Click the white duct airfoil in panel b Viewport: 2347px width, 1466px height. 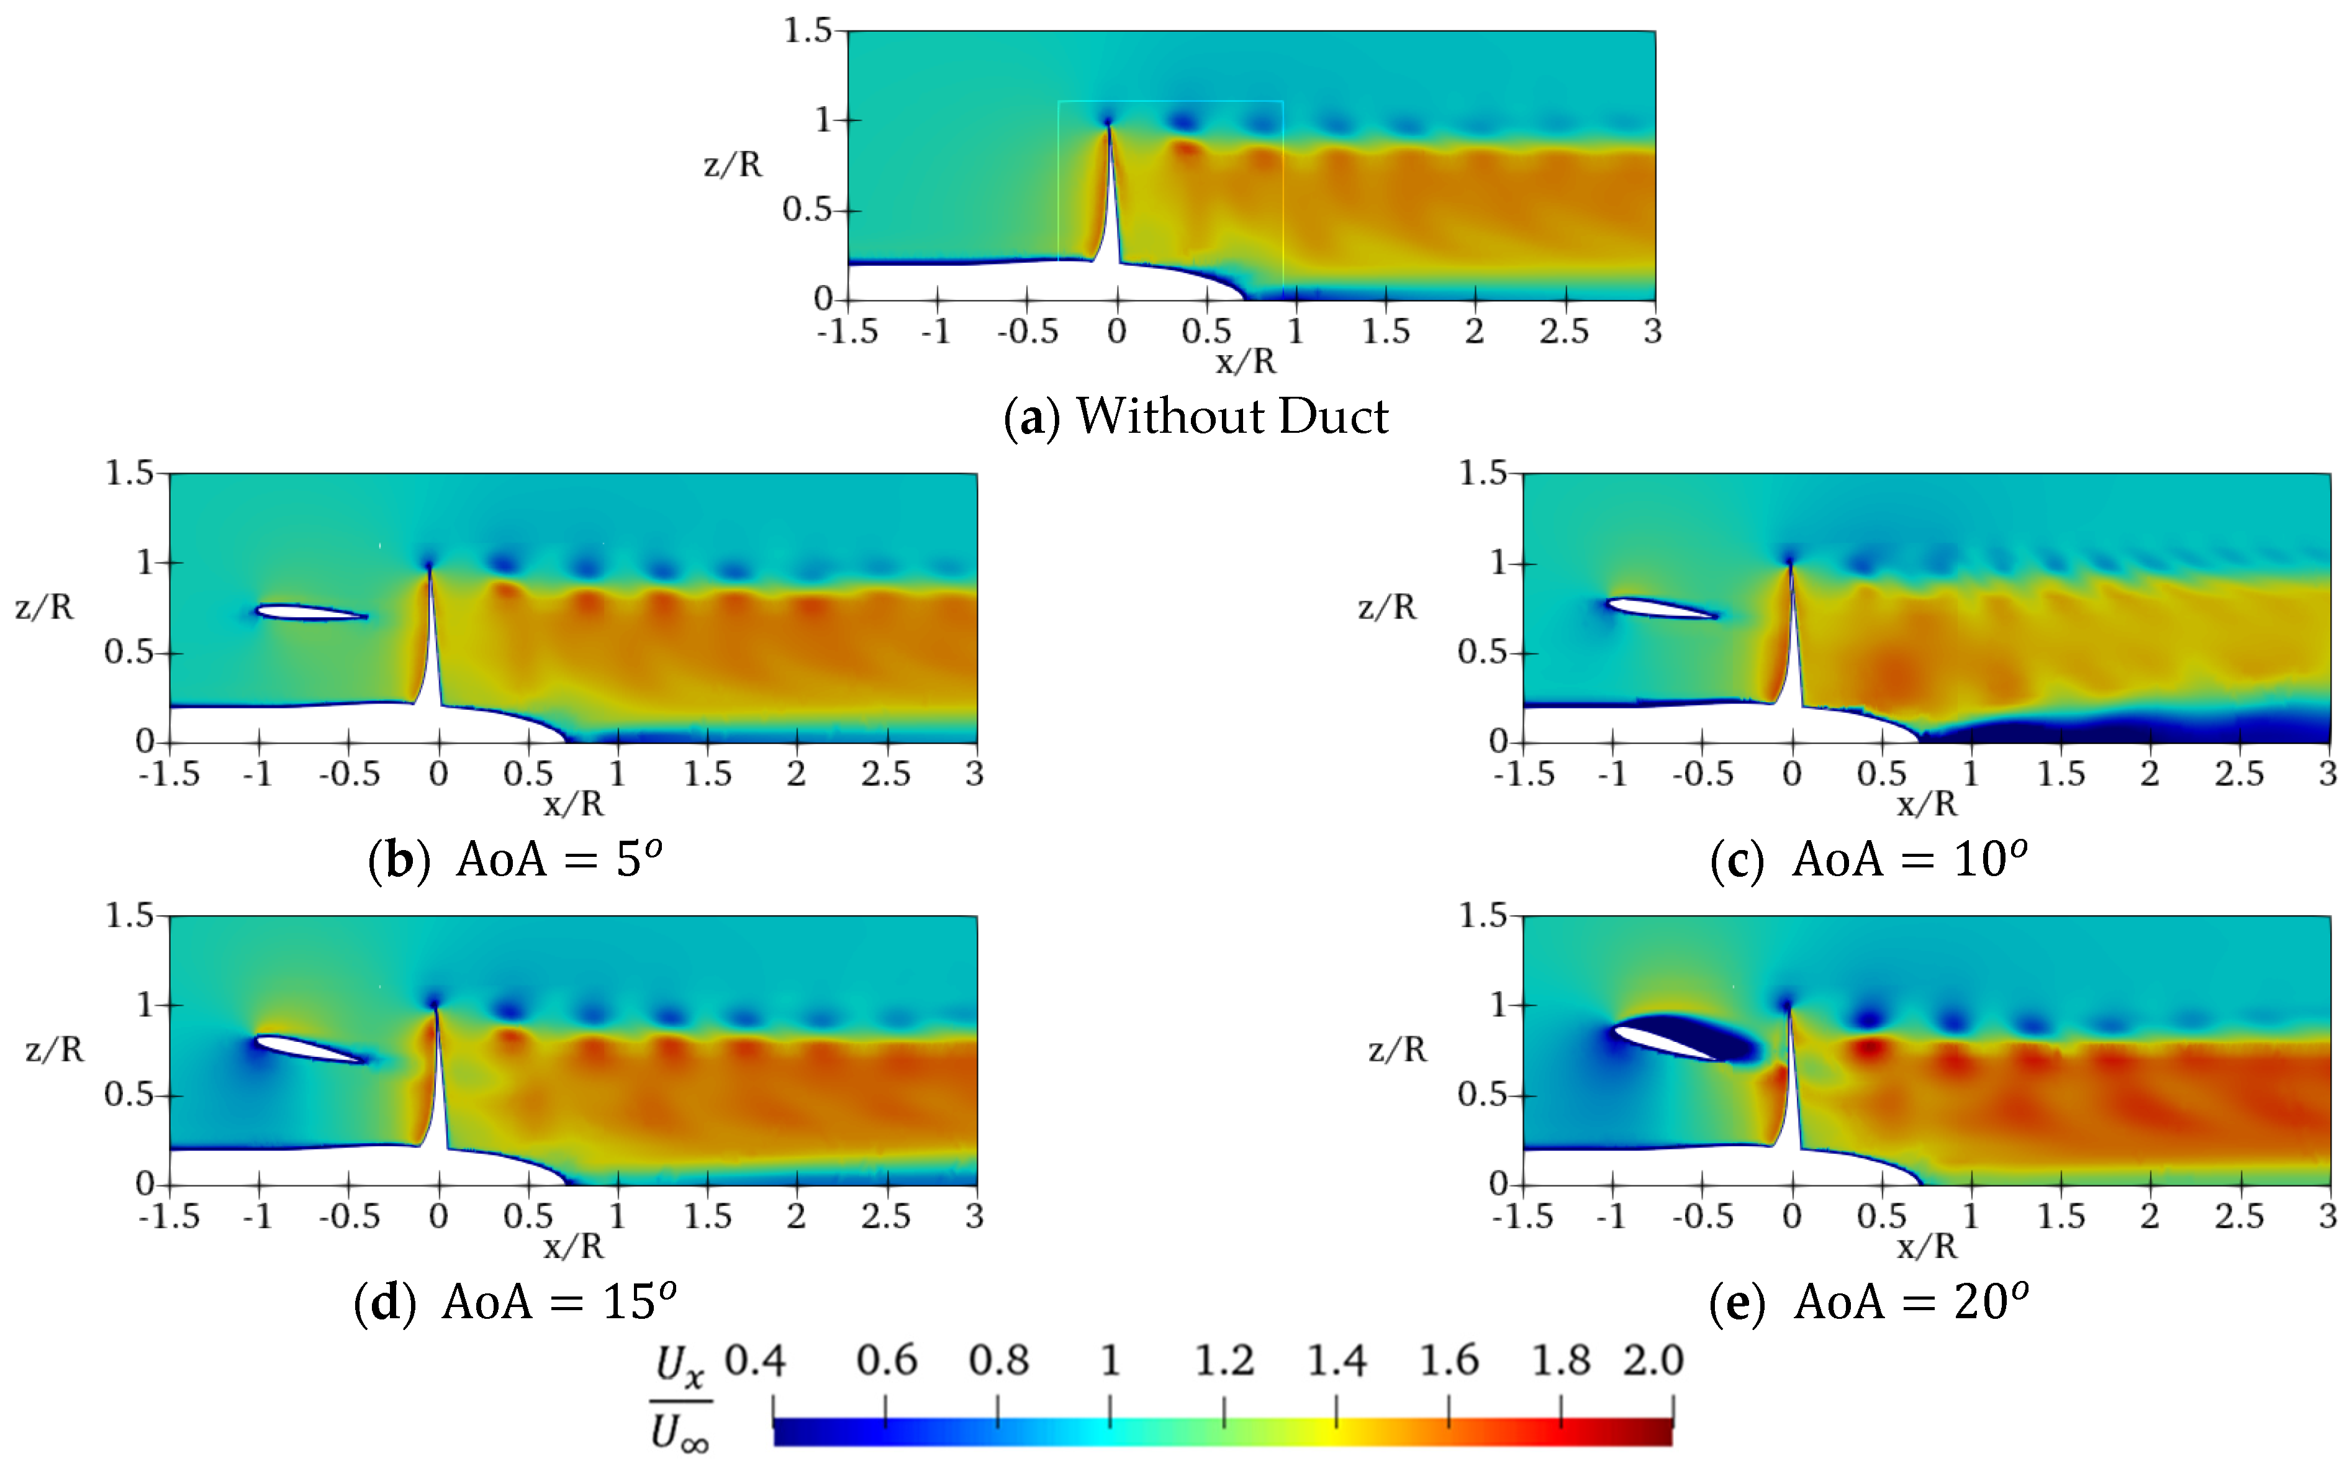tap(309, 612)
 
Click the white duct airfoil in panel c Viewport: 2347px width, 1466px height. tap(1660, 608)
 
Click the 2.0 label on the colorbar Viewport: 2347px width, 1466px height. tap(1653, 1361)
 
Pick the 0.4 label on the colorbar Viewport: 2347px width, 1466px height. tap(755, 1361)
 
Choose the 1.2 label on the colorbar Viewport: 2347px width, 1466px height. tap(1223, 1361)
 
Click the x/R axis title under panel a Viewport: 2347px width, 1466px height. tap(1246, 361)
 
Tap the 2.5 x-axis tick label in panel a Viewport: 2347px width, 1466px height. tap(1563, 332)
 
